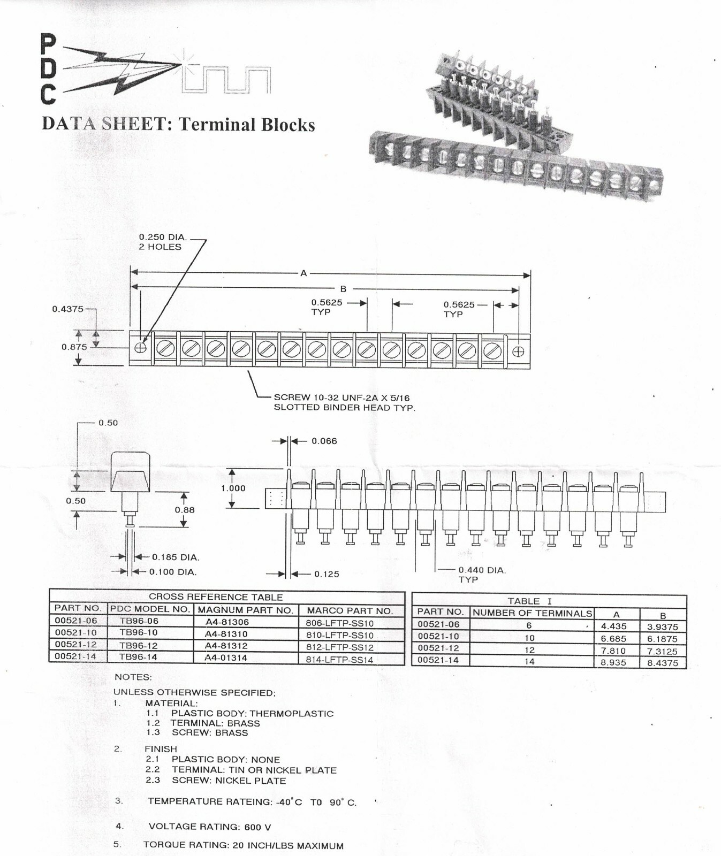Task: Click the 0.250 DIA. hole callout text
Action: pyautogui.click(x=162, y=237)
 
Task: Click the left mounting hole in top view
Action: pyautogui.click(x=140, y=348)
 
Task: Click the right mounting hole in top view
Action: pyautogui.click(x=518, y=351)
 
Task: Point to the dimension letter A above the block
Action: pyautogui.click(x=303, y=273)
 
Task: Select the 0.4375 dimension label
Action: pyautogui.click(x=67, y=309)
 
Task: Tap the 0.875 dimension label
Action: pyautogui.click(x=74, y=347)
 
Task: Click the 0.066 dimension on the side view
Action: pyautogui.click(x=324, y=441)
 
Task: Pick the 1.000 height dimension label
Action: pyautogui.click(x=233, y=488)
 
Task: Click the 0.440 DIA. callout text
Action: pyautogui.click(x=482, y=570)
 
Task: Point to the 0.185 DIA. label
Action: pyautogui.click(x=176, y=557)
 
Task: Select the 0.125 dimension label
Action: pyautogui.click(x=327, y=574)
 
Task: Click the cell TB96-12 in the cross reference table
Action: pyautogui.click(x=139, y=645)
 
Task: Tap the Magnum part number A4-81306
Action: pyautogui.click(x=227, y=622)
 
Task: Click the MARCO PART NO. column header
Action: pyautogui.click(x=350, y=610)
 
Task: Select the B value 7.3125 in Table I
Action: pyautogui.click(x=663, y=651)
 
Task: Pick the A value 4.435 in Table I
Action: pyautogui.click(x=613, y=626)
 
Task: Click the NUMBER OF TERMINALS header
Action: pyautogui.click(x=532, y=613)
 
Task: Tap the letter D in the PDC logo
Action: pyautogui.click(x=48, y=68)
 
